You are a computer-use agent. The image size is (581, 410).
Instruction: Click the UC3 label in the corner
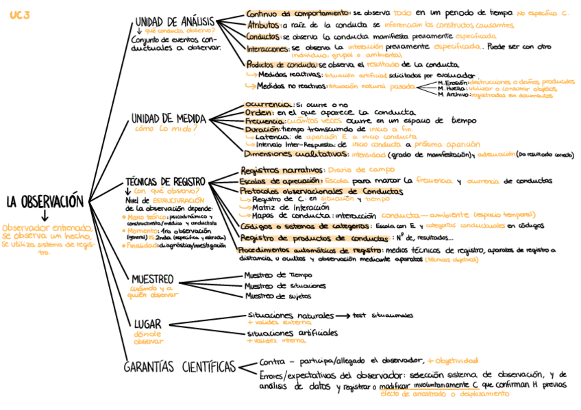[20, 15]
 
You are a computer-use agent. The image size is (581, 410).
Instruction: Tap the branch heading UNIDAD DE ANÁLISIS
[175, 23]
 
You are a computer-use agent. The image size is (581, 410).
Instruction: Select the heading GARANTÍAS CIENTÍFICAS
[180, 368]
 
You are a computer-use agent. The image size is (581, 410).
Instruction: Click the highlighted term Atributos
[263, 25]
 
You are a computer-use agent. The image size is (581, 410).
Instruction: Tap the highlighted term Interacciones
[268, 49]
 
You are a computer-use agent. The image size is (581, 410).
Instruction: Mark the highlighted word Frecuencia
[262, 120]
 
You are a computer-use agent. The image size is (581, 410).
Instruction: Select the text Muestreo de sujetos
[277, 296]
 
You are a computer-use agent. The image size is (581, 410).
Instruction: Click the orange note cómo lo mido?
[161, 129]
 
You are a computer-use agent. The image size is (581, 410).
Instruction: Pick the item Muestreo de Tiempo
[274, 275]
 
